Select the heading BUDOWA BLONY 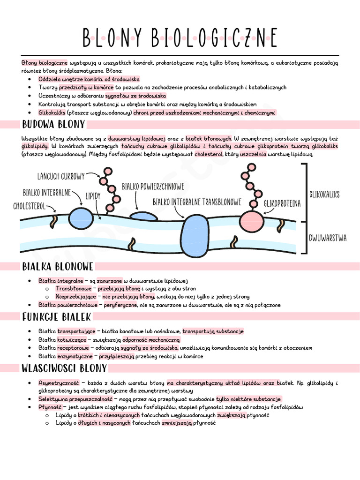53,125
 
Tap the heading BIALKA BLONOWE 58,267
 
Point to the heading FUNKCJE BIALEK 57,317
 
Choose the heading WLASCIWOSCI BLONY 64,368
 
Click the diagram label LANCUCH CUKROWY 61,176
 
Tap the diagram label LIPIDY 93,196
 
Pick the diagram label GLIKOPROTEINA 282,204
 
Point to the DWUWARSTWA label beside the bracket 328,238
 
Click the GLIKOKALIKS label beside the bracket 324,194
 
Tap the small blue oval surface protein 143,216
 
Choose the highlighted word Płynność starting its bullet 50,407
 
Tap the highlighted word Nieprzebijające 76,297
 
